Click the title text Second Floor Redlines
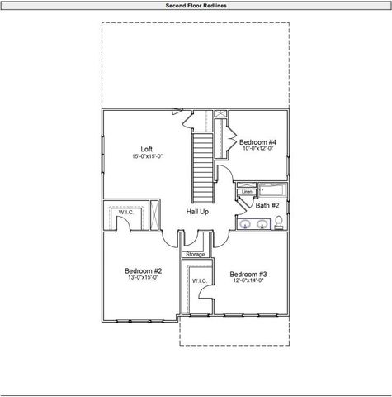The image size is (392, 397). point(196,5)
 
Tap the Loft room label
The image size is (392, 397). point(146,149)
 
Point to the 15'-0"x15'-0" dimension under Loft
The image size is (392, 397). point(146,156)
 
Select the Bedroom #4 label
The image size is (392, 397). point(257,142)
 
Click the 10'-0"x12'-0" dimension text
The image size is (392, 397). point(257,150)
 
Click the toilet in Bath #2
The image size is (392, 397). point(279,222)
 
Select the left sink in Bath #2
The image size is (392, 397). point(245,223)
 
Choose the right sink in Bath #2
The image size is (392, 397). point(262,223)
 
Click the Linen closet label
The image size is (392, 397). point(246,192)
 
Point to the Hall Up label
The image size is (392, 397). point(197,212)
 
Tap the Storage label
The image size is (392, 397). point(195,254)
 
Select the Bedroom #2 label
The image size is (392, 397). point(143,270)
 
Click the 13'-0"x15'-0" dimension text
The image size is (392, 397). point(143,278)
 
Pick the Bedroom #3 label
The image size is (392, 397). point(248,274)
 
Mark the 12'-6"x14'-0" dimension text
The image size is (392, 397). point(248,281)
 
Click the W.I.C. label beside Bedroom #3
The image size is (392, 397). point(199,281)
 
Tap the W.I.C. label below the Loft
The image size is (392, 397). point(125,212)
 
